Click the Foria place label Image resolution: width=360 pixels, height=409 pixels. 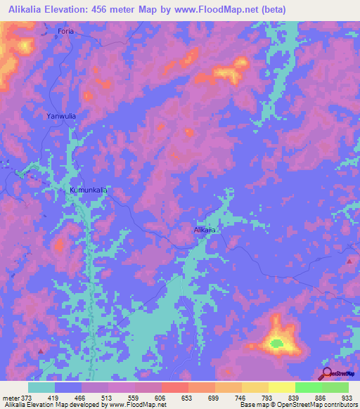click(x=65, y=32)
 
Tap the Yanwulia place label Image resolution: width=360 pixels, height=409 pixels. click(x=60, y=117)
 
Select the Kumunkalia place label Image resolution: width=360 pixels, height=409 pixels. click(x=88, y=190)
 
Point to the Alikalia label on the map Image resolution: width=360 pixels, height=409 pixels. click(x=205, y=230)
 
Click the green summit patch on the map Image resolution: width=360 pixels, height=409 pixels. click(x=276, y=344)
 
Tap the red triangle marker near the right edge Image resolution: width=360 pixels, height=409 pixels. click(x=349, y=261)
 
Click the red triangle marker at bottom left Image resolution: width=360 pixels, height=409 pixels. click(x=41, y=350)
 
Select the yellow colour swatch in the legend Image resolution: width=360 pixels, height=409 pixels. click(x=282, y=387)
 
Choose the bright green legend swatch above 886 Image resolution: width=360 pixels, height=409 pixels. click(x=309, y=387)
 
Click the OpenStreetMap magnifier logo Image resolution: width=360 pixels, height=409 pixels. click(x=327, y=374)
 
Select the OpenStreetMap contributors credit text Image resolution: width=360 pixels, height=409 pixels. click(x=318, y=405)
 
